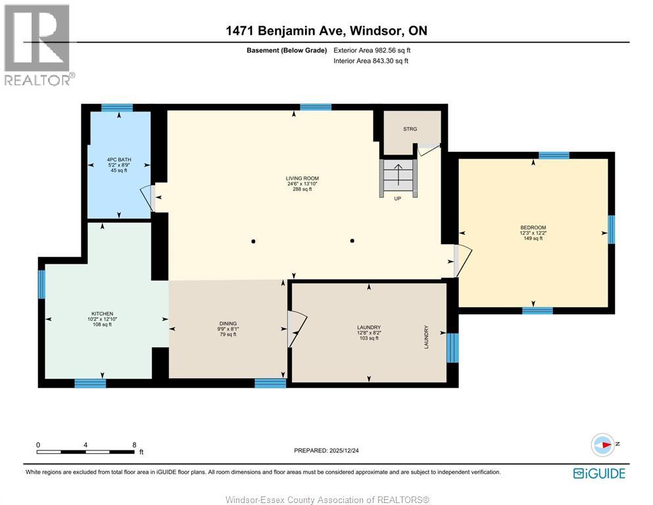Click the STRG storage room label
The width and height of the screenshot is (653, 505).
click(410, 129)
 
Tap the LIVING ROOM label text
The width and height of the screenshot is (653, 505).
click(302, 178)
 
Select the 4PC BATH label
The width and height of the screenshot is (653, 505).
click(118, 159)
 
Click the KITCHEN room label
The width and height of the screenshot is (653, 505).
click(103, 314)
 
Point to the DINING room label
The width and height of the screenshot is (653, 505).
click(228, 324)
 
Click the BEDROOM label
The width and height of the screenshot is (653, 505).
click(533, 228)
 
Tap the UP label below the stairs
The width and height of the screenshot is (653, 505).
click(397, 199)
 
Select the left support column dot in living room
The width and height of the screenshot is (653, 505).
click(254, 241)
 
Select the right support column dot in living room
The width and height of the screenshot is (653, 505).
click(352, 241)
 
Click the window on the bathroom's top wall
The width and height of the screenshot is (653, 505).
click(117, 107)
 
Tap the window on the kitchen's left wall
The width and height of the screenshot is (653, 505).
click(41, 284)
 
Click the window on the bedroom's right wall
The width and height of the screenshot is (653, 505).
click(611, 229)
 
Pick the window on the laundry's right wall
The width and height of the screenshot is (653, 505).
click(452, 348)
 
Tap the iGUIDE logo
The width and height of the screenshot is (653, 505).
click(598, 473)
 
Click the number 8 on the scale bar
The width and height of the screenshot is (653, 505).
click(134, 445)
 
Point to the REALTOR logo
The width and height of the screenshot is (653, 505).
click(37, 45)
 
